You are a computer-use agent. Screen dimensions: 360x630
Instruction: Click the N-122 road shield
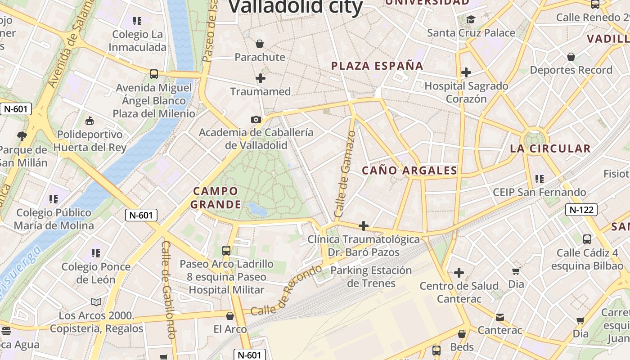tap(581, 210)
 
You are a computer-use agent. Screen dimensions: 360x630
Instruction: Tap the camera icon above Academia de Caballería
tap(256, 119)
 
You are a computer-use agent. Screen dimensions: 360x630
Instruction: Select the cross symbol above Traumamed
tap(260, 78)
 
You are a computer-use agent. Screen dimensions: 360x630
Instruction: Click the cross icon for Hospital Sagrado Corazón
tap(466, 72)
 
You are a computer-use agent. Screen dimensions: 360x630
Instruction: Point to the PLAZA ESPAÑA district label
tap(377, 66)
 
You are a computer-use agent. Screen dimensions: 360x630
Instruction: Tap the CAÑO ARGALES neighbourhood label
tap(409, 171)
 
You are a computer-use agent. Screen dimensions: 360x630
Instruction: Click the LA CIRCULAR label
tap(550, 149)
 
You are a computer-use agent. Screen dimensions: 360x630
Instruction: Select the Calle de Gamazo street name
tap(345, 174)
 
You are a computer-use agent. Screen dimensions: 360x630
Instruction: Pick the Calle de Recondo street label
tap(286, 291)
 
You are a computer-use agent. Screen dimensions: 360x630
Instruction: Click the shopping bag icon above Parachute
tap(259, 44)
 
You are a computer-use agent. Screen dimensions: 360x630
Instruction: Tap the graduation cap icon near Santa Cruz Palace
tap(471, 19)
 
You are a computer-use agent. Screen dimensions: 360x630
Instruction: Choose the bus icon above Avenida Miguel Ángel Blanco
tap(154, 74)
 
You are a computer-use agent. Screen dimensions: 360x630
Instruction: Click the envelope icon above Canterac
tap(499, 317)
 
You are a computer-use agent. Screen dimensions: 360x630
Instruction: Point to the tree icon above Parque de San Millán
tap(21, 136)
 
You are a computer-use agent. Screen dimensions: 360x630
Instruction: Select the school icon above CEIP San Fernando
tap(539, 179)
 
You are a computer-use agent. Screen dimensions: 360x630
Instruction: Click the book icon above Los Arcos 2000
tap(96, 302)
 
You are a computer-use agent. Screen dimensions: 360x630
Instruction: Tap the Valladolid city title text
tap(296, 7)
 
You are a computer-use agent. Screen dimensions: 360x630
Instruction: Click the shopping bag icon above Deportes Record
tap(571, 57)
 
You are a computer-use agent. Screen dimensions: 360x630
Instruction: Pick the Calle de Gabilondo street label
tap(168, 290)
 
